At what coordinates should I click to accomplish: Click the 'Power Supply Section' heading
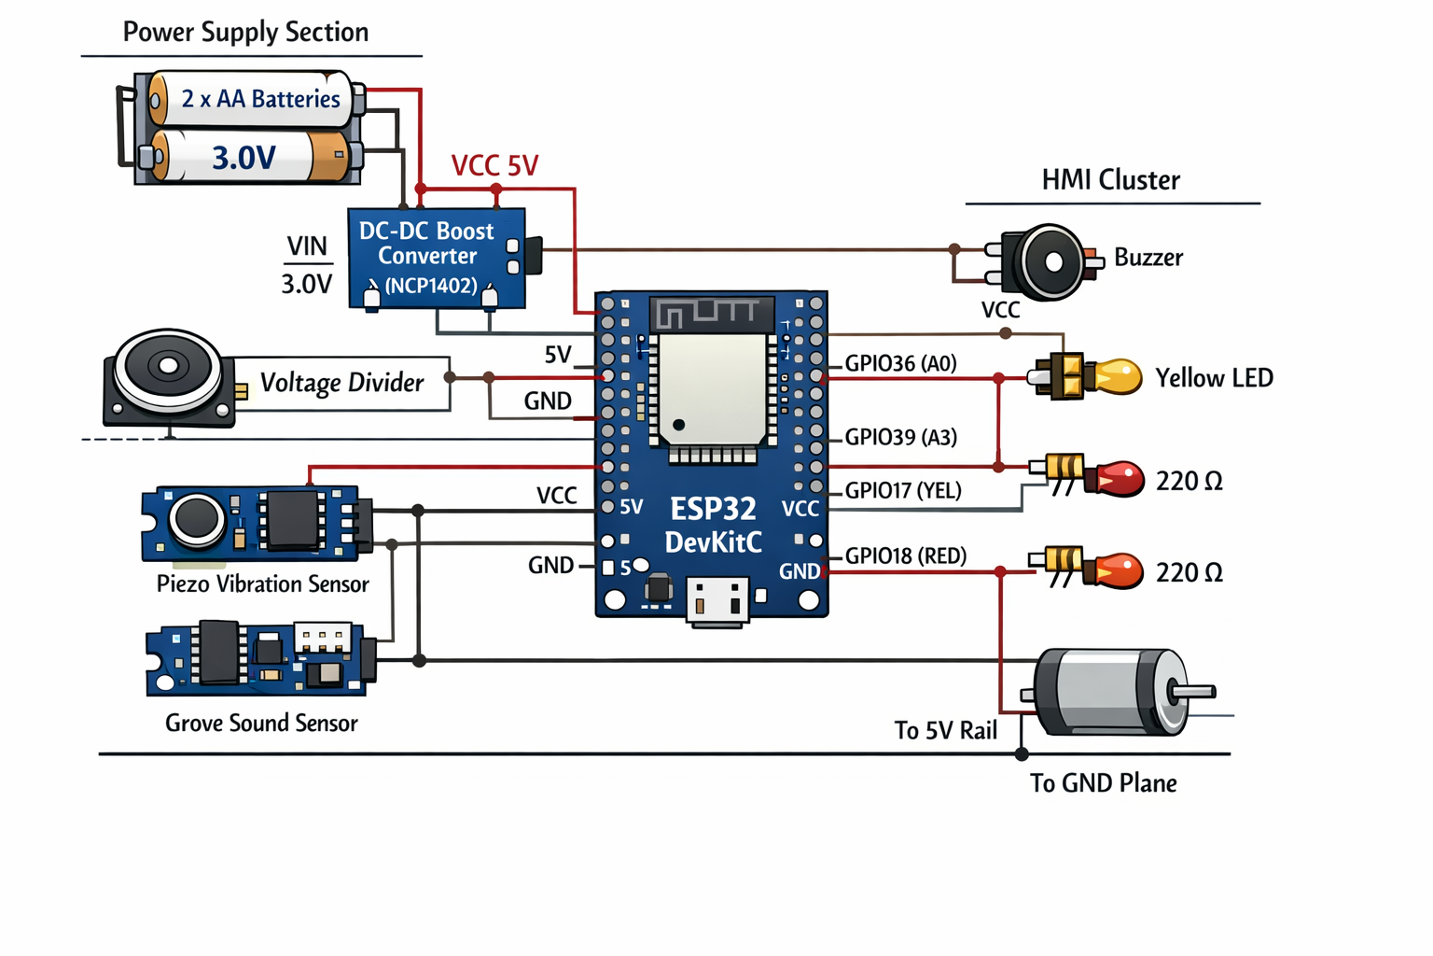(x=245, y=32)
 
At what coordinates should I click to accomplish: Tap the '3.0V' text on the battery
(x=243, y=158)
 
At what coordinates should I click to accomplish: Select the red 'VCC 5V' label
(x=494, y=166)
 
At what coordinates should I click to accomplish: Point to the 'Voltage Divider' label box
(x=341, y=383)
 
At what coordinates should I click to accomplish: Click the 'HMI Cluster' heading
(x=1110, y=180)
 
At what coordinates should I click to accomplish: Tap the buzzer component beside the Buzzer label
(x=1050, y=262)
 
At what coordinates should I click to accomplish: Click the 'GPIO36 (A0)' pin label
(x=900, y=363)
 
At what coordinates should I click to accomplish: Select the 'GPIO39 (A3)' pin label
(x=900, y=437)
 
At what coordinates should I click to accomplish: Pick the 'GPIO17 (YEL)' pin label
(x=902, y=490)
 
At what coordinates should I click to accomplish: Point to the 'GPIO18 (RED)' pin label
(x=905, y=555)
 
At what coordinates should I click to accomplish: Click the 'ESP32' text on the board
(x=713, y=509)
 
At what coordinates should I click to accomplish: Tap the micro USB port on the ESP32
(x=717, y=600)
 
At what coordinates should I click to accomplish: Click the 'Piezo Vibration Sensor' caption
(x=262, y=584)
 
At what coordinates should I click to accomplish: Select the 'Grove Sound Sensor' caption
(x=261, y=723)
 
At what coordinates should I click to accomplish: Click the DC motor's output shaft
(x=1193, y=692)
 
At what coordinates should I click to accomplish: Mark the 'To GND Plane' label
(x=1103, y=782)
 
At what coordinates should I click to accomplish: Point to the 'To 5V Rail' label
(x=945, y=730)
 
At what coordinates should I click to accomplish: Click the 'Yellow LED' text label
(x=1214, y=378)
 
